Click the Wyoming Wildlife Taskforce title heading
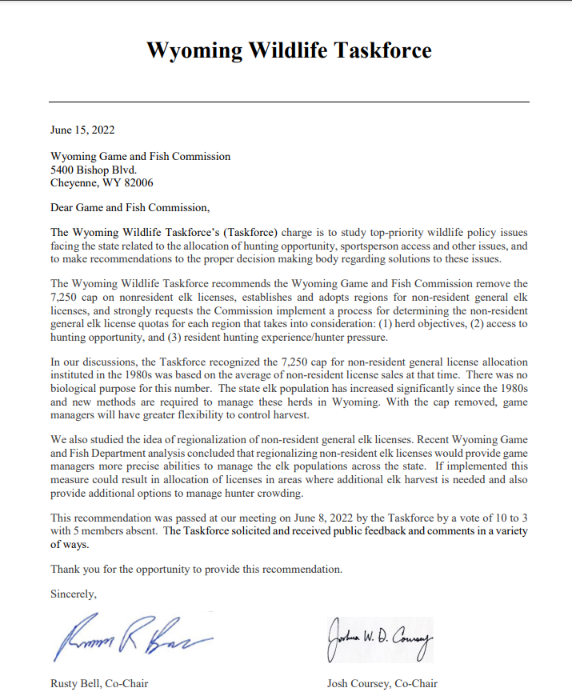[289, 50]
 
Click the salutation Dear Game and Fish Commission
[129, 208]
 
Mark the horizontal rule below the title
[289, 102]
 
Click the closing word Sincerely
[74, 594]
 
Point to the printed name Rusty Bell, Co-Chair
[99, 684]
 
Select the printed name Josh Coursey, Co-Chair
[382, 684]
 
